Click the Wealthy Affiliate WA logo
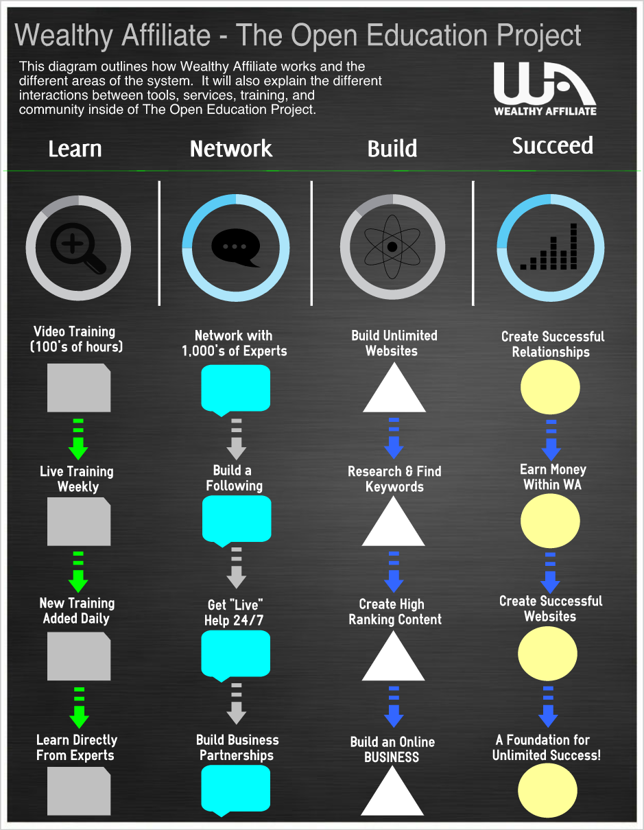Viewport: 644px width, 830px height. click(x=545, y=88)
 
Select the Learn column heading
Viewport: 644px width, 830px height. click(x=75, y=149)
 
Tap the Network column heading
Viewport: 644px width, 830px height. click(x=231, y=149)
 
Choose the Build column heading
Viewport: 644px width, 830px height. click(x=392, y=149)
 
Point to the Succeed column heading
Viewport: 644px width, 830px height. click(x=552, y=145)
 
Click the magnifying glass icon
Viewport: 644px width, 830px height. click(x=79, y=248)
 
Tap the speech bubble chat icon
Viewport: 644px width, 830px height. click(x=235, y=248)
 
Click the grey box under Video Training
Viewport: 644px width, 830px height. click(x=79, y=388)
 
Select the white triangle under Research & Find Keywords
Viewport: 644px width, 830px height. click(x=393, y=523)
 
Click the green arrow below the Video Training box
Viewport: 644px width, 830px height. click(x=78, y=440)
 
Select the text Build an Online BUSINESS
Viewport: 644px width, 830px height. click(x=392, y=750)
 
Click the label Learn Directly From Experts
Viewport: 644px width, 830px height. click(x=77, y=748)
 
